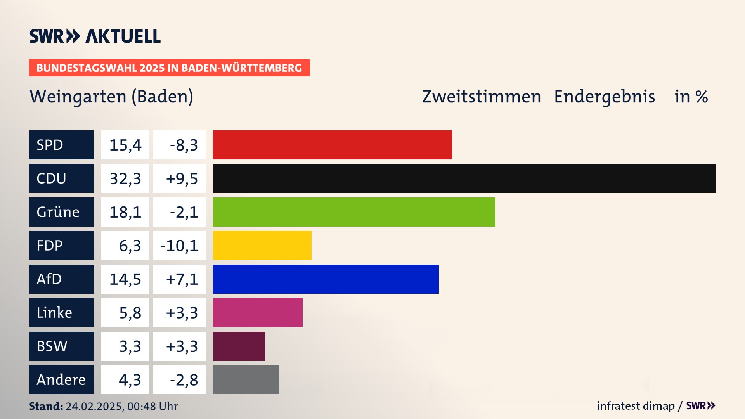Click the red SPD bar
pyautogui.click(x=332, y=145)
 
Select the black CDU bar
pyautogui.click(x=464, y=178)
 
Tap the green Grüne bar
pyautogui.click(x=354, y=212)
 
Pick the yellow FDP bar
pyautogui.click(x=262, y=245)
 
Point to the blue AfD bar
pyautogui.click(x=326, y=279)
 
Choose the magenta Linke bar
pyautogui.click(x=258, y=312)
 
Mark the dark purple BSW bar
pyautogui.click(x=239, y=346)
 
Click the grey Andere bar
pyautogui.click(x=246, y=379)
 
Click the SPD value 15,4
pyautogui.click(x=125, y=145)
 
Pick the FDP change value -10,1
pyautogui.click(x=179, y=246)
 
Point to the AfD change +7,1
pyautogui.click(x=182, y=279)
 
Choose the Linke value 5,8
pyautogui.click(x=130, y=313)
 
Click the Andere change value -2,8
pyautogui.click(x=184, y=380)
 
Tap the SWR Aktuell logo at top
pyautogui.click(x=95, y=36)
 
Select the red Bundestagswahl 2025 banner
pyautogui.click(x=169, y=68)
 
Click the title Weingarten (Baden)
pyautogui.click(x=111, y=97)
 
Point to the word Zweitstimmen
pyautogui.click(x=481, y=97)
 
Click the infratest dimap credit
pyautogui.click(x=636, y=406)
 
